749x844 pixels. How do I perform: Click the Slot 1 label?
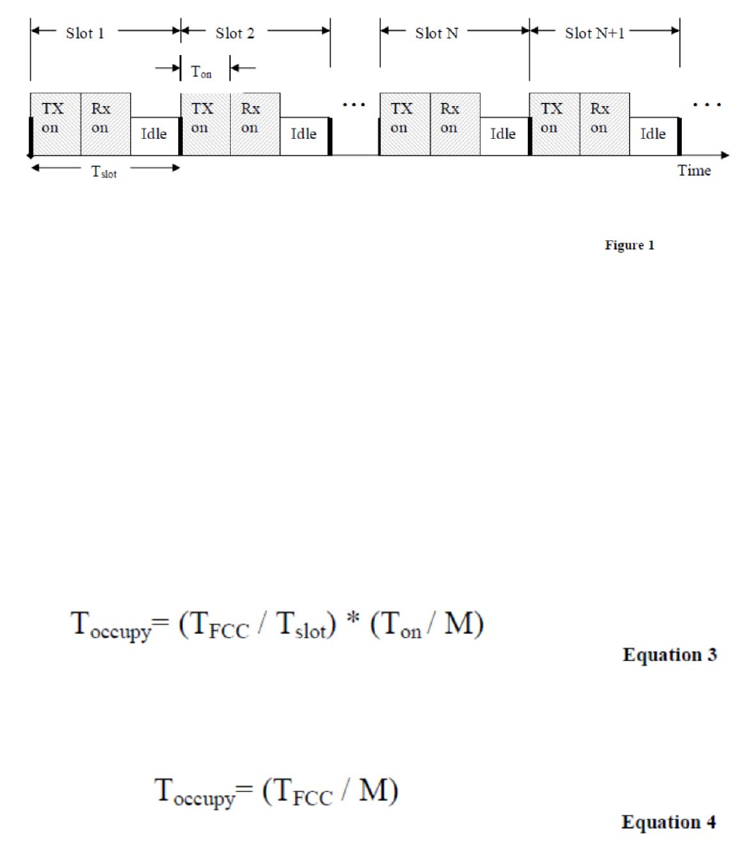pos(85,34)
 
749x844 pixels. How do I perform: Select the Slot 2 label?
pos(235,34)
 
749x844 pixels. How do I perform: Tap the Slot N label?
pos(436,34)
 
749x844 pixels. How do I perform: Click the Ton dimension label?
pos(201,70)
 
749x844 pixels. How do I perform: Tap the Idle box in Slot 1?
pos(154,134)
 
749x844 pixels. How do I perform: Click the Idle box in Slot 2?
pos(303,134)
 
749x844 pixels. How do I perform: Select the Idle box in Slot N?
pos(503,134)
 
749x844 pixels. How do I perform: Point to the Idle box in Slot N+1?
pos(653,134)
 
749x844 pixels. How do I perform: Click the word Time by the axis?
pos(694,171)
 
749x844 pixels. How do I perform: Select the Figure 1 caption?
pos(629,246)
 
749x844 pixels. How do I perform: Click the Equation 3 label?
pos(671,656)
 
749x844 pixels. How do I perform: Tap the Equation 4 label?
pos(671,822)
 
